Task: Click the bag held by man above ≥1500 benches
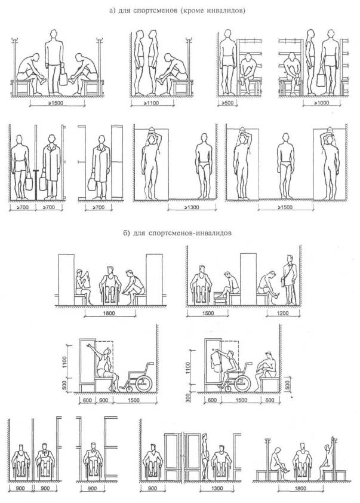tap(63, 77)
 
